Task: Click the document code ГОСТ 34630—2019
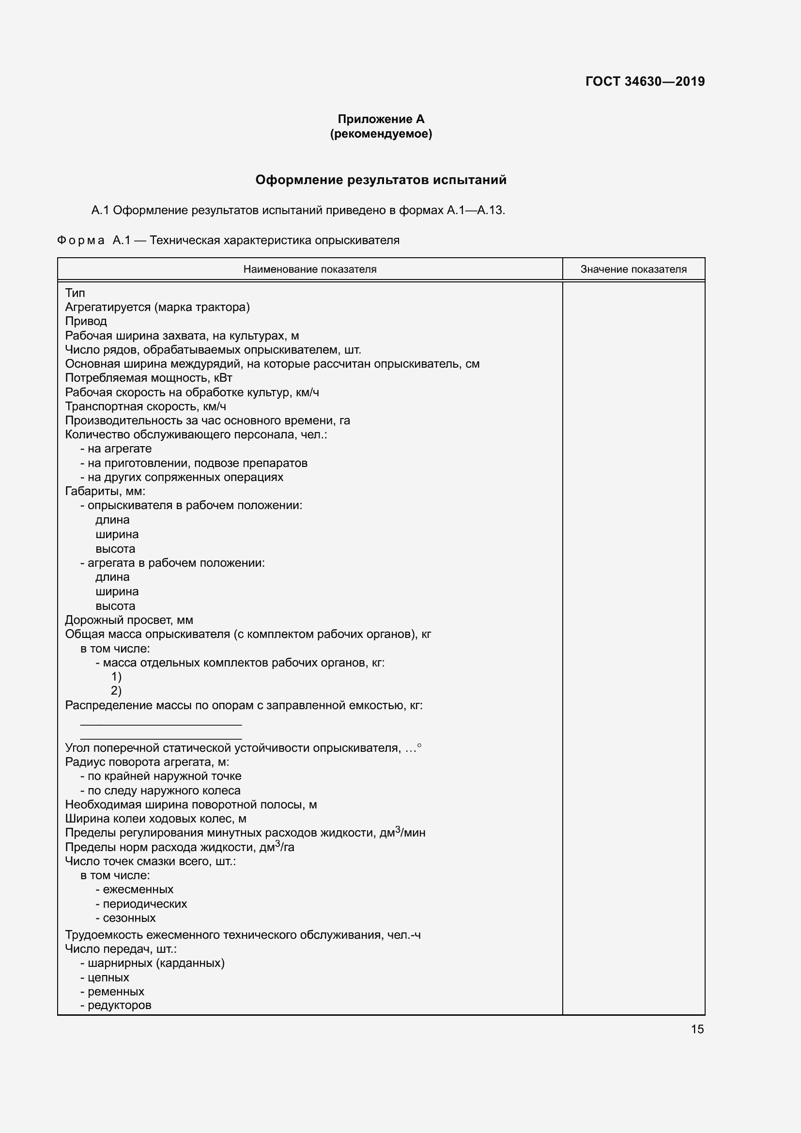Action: coord(645,81)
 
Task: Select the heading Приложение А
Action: coord(381,119)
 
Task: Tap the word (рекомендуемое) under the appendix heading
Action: coord(381,134)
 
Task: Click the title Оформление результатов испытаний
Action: coord(381,180)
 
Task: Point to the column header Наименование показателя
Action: coord(310,269)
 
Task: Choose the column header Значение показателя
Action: coord(633,269)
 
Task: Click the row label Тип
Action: coord(75,293)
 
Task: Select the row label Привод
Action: coord(86,321)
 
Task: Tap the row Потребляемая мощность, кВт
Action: coord(149,378)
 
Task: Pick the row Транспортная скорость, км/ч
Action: coord(145,406)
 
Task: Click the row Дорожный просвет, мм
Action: coord(129,621)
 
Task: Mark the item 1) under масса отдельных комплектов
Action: coord(116,677)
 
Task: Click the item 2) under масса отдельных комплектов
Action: coord(116,691)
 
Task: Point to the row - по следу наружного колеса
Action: coord(160,791)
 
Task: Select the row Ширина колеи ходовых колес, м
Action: coord(156,819)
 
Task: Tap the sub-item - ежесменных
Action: coord(135,889)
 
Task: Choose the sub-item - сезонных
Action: coord(126,918)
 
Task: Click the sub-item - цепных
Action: coord(105,978)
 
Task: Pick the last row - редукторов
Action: coord(116,1005)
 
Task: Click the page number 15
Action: coord(697,1029)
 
